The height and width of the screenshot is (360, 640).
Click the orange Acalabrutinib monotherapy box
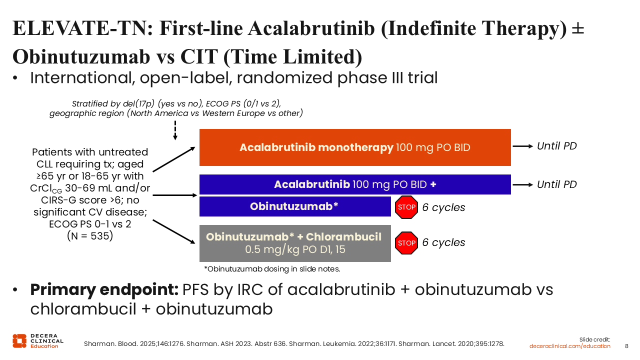click(355, 147)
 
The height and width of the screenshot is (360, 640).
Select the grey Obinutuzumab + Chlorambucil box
click(295, 243)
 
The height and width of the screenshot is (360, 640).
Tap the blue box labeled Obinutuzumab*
click(295, 206)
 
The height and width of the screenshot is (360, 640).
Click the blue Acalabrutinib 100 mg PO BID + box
click(355, 184)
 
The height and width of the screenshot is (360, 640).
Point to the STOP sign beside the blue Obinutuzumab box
click(406, 207)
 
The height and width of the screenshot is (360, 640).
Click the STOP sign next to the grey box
click(406, 243)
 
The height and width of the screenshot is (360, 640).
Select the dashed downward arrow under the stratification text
click(175, 130)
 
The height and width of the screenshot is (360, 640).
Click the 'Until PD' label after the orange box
click(557, 146)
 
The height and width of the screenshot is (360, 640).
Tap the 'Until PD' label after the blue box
click(557, 184)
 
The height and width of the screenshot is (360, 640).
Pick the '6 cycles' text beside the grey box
click(443, 242)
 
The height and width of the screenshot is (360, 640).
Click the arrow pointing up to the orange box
click(174, 159)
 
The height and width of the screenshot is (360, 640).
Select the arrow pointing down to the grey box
click(174, 231)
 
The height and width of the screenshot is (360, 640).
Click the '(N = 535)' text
click(90, 236)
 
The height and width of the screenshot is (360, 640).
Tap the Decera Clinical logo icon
click(19, 341)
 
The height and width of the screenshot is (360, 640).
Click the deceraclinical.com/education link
click(569, 346)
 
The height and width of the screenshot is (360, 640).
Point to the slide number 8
click(626, 346)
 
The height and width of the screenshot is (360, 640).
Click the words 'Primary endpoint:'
click(104, 289)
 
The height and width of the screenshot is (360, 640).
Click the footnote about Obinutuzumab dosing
click(272, 269)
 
